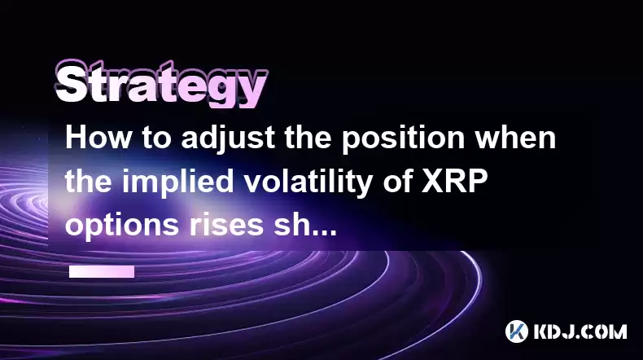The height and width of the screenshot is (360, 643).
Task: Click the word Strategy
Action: coord(162,85)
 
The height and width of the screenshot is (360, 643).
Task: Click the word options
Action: coord(122,226)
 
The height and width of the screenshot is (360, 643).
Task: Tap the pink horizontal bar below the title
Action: coord(102,271)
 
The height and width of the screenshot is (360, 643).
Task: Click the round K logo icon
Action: coord(517,331)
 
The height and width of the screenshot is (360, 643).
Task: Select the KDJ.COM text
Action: coord(580,331)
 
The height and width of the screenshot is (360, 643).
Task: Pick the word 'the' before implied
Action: coord(89,181)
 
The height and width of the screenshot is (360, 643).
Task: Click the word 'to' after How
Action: coord(156,138)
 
